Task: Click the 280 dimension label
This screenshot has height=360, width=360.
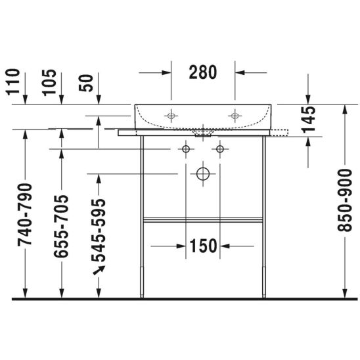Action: pos(203,72)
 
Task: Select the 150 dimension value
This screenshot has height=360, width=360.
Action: pos(204,246)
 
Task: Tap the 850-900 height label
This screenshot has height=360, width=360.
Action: pos(344,200)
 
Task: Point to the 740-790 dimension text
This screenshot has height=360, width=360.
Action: pos(25,215)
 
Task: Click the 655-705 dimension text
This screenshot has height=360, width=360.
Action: pos(61,226)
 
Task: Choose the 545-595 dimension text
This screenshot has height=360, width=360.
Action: pos(99,231)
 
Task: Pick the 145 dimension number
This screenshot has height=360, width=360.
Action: pos(308,120)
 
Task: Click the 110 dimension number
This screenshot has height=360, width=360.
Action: pos(13,82)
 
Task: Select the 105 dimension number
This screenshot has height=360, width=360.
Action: pos(49,82)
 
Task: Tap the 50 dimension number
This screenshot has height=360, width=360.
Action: pos(86,83)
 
